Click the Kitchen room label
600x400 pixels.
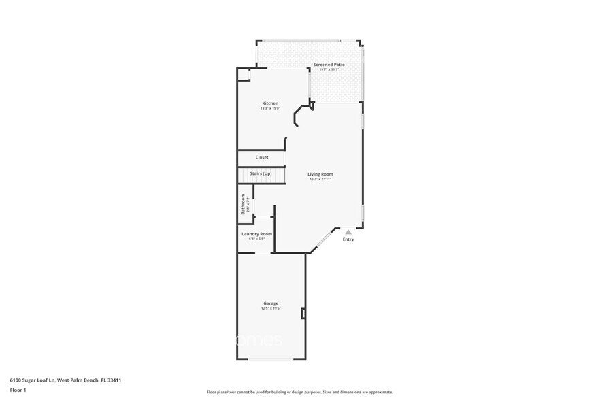270,103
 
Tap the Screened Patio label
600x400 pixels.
329,65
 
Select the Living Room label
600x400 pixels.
320,174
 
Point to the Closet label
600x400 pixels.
262,157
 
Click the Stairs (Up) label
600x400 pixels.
261,173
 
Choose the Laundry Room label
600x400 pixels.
256,233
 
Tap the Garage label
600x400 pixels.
271,303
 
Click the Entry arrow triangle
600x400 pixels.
348,232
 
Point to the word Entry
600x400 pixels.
348,239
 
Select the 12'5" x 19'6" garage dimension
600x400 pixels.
271,309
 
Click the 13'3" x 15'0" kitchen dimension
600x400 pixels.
270,109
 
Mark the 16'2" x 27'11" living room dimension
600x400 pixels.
320,180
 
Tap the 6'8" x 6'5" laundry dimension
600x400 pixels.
256,239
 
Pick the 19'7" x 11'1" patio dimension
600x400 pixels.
329,69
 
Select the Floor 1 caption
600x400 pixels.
18,390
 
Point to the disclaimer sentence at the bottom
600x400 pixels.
299,392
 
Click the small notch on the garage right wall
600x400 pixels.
303,314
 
